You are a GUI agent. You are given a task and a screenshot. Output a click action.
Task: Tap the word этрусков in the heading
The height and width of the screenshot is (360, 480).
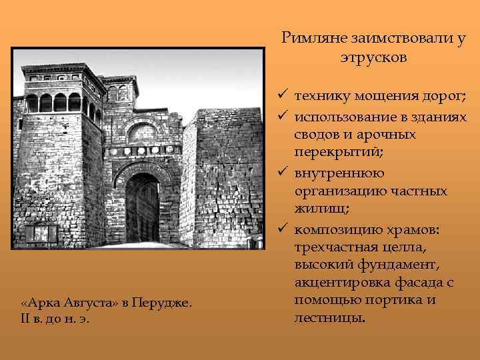point(372,57)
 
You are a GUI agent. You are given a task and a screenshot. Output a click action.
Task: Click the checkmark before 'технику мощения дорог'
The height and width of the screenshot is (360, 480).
point(283,97)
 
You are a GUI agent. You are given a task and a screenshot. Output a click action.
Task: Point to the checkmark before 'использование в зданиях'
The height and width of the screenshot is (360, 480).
point(283,116)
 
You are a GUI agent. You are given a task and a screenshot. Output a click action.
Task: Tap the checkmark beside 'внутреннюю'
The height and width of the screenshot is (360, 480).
point(283,173)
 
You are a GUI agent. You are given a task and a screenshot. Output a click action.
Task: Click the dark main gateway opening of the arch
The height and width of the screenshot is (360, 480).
point(143,207)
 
